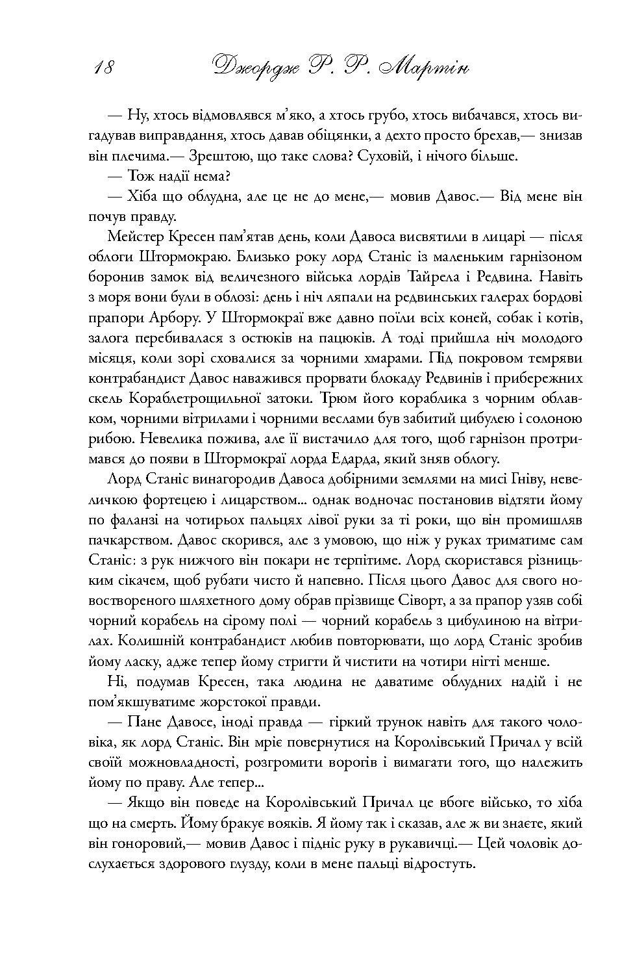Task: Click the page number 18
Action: click(x=103, y=66)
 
